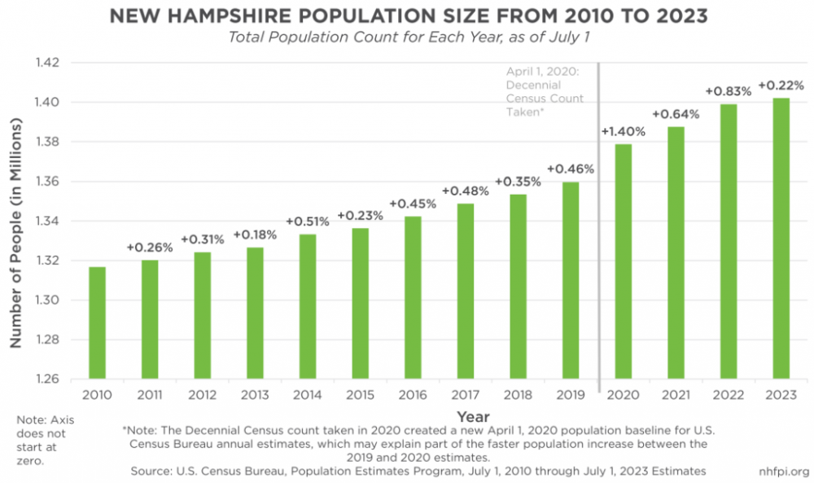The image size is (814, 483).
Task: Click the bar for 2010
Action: pos(97,323)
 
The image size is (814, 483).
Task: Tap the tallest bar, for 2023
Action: pos(780,238)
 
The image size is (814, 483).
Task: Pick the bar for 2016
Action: pos(413,297)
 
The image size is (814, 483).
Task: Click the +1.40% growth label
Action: pos(623,130)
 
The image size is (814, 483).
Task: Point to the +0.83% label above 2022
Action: pos(728,90)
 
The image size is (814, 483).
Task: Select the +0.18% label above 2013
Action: pos(255,235)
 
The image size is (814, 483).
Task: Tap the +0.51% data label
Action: pos(307,222)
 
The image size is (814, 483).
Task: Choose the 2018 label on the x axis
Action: pos(518,396)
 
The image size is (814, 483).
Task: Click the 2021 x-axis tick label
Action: pos(675,396)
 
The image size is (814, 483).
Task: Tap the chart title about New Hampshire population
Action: pos(408,15)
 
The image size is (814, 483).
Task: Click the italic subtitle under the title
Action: pos(407,37)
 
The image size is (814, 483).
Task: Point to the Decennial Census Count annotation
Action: pos(545,92)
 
